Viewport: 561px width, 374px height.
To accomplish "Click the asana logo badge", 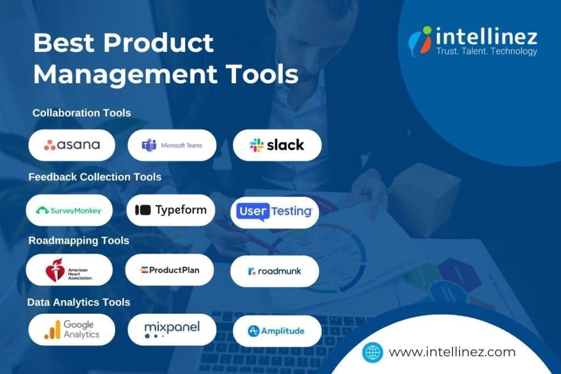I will (x=72, y=145).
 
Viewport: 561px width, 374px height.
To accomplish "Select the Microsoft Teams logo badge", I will (x=172, y=145).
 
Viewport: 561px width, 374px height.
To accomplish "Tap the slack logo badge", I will (x=277, y=145).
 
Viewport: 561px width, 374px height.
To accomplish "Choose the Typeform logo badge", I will (x=170, y=210).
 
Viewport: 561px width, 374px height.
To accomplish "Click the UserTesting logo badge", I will (x=274, y=212).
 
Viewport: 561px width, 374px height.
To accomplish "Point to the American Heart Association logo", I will (x=70, y=270).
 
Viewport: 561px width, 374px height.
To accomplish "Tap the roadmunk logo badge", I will (x=274, y=271).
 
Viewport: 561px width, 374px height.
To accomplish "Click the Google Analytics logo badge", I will (x=72, y=330).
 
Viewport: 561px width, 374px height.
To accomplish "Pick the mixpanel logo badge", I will (x=171, y=330).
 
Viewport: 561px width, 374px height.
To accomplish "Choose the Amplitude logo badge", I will (x=277, y=331).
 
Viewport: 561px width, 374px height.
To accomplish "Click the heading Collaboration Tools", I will (x=82, y=113).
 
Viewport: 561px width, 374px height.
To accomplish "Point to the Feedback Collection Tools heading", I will (x=95, y=177).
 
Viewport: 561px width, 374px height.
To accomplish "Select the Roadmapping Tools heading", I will (x=79, y=240).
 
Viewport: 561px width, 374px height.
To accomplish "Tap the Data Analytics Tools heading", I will (x=79, y=302).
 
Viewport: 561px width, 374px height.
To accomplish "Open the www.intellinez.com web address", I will (x=452, y=352).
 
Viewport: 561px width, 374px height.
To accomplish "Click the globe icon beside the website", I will (x=373, y=352).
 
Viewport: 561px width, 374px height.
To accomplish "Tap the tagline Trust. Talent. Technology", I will (x=486, y=51).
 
